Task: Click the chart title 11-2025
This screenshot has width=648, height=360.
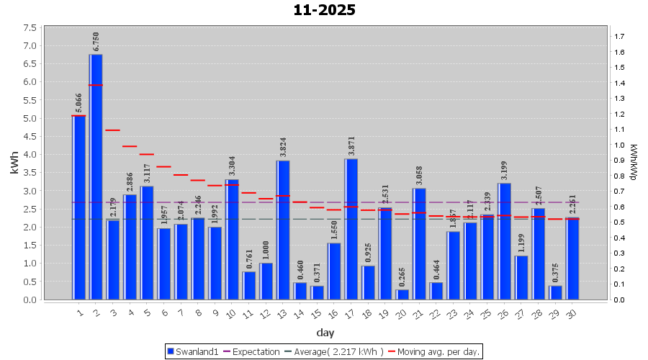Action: pos(324,10)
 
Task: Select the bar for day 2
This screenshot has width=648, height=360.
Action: pos(96,176)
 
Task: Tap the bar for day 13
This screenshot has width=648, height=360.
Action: pos(283,230)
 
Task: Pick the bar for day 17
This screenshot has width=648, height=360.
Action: pos(351,229)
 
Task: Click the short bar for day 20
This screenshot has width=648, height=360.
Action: pos(402,294)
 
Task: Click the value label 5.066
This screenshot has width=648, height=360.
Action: pos(79,103)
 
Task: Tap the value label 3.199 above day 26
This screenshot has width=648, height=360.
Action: pos(505,171)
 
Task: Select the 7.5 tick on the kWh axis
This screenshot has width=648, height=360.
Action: pos(32,27)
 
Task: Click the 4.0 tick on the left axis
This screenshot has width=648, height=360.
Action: pos(32,154)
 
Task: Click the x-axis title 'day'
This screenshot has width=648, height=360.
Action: pos(325,333)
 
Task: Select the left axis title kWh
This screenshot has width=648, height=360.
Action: pos(14,163)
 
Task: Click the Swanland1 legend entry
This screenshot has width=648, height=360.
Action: pos(193,351)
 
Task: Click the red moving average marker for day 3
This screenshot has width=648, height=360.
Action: pos(112,130)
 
